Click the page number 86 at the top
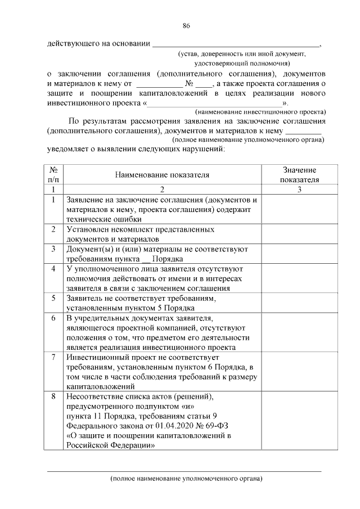coord(186,25)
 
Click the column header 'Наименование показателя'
coord(162,175)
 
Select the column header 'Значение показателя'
coord(299,175)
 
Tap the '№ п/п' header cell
coord(52,175)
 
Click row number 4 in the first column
coord(52,269)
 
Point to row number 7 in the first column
coord(52,357)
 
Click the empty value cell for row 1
coord(299,209)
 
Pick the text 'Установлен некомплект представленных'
coord(140,229)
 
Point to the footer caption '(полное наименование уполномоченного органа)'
coord(186,479)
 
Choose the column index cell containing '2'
coord(162,190)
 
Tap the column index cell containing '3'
coord(299,190)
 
